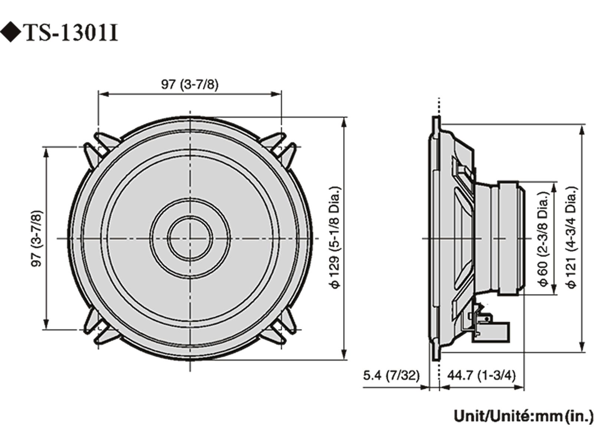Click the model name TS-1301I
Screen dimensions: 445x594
click(x=72, y=33)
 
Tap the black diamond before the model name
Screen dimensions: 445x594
click(x=11, y=33)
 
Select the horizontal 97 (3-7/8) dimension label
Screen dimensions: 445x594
click(x=190, y=85)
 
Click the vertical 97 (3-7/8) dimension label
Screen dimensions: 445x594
click(x=37, y=238)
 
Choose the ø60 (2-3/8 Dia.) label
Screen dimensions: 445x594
click(x=543, y=239)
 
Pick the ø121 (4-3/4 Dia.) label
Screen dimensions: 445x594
click(x=572, y=237)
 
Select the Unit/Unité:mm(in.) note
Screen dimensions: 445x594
click(x=523, y=416)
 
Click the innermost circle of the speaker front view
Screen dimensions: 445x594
click(x=190, y=238)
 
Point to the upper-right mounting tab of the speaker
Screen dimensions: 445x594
click(x=284, y=146)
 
